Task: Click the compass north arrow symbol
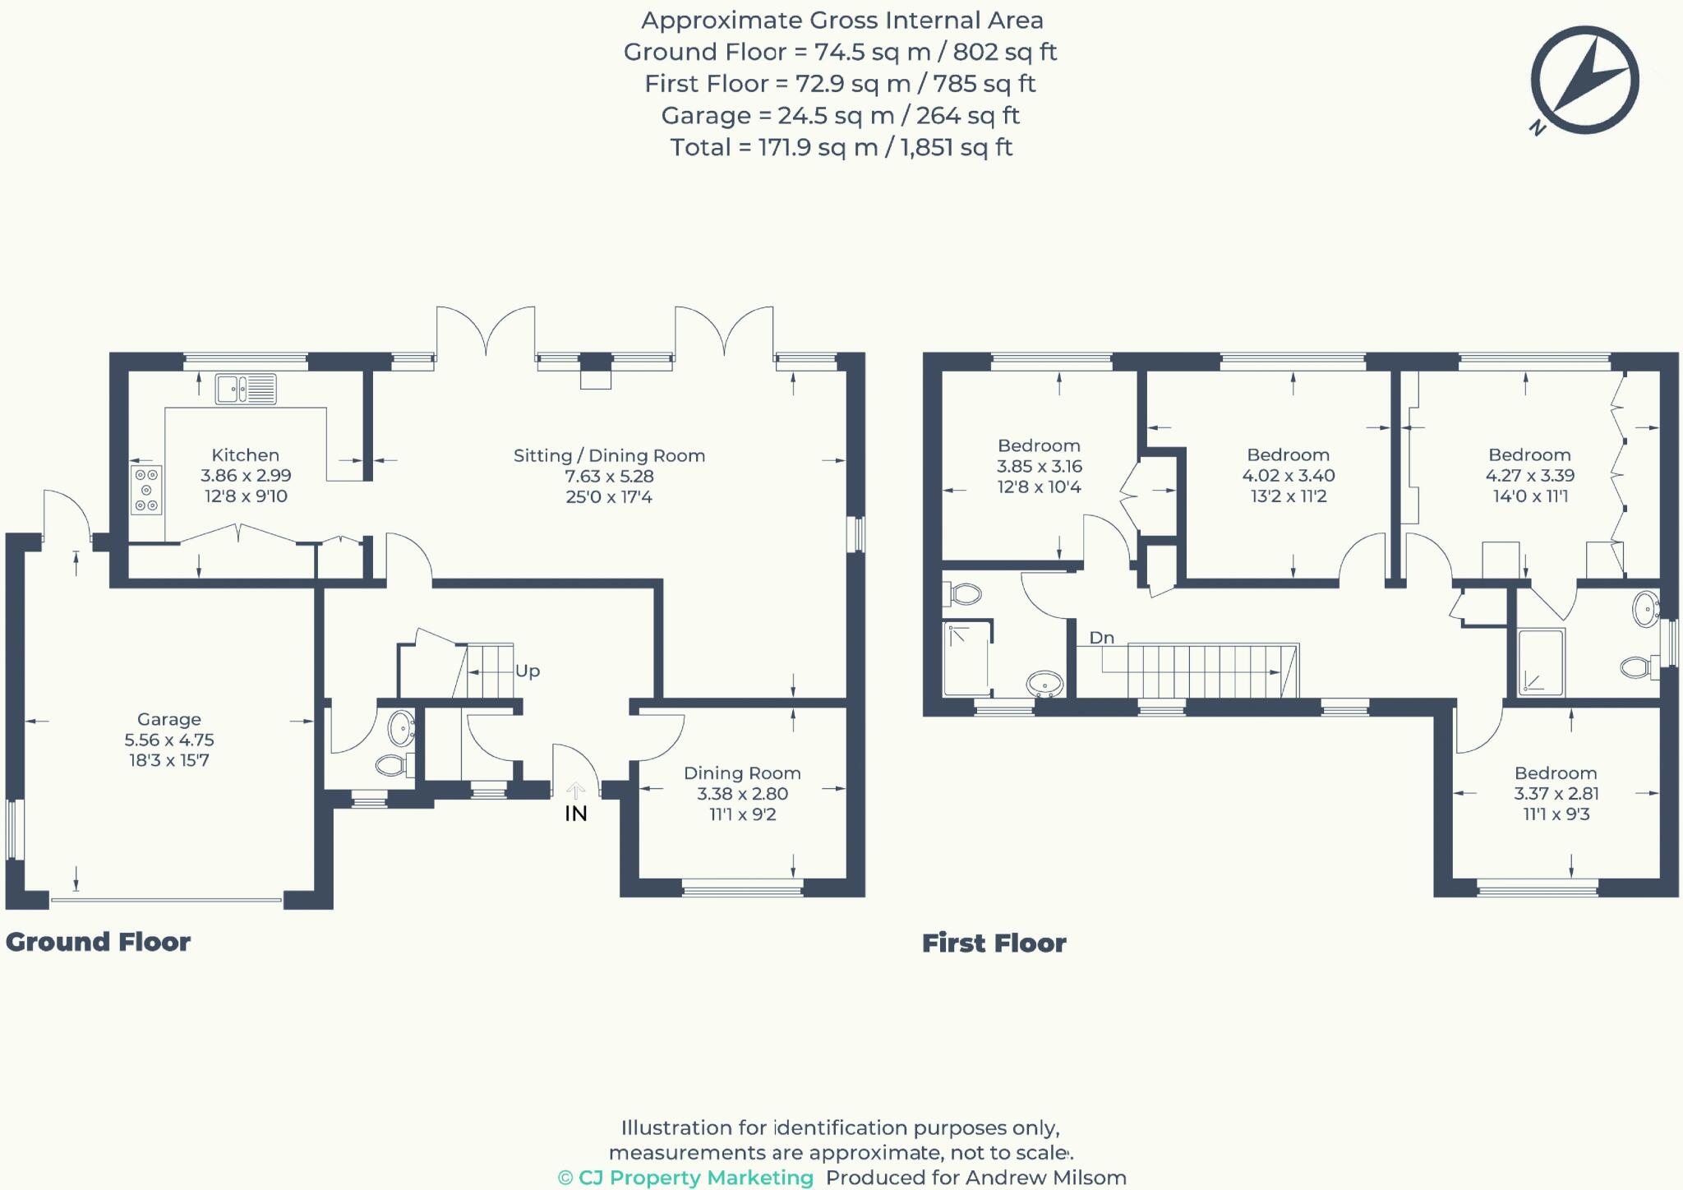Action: (1585, 81)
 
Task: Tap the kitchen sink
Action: (246, 389)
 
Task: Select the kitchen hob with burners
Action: (146, 490)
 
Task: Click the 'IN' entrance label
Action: (575, 814)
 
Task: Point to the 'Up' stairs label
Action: (528, 671)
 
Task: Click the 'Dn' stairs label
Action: (1101, 638)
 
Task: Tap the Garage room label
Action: (168, 719)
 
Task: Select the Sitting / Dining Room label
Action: (609, 455)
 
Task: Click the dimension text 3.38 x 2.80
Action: (742, 794)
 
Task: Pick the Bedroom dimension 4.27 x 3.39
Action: (1529, 476)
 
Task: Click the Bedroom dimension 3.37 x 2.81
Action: (1556, 794)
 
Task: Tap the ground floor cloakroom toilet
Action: (394, 766)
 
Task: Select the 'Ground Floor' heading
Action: (98, 942)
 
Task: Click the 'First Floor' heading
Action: (994, 943)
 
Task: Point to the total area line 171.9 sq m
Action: (841, 148)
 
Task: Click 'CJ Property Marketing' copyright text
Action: (686, 1178)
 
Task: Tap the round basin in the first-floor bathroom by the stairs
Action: (1045, 683)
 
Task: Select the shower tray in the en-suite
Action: (1541, 662)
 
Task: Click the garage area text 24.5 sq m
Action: (840, 116)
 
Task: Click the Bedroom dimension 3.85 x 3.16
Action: (1039, 467)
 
